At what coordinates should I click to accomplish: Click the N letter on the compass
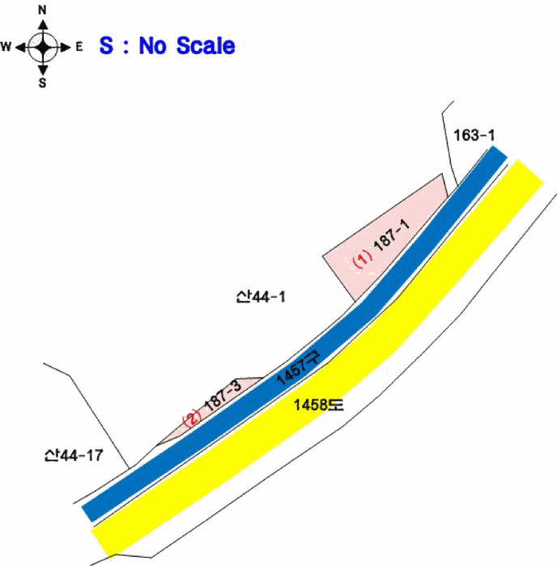[42, 10]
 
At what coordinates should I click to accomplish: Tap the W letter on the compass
[6, 47]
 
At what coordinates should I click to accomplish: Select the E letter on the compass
[79, 47]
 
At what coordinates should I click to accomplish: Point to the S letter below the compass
[43, 83]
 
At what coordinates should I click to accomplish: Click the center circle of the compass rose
[43, 47]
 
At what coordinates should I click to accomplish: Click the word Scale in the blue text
[206, 46]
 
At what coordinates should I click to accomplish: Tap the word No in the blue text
[152, 46]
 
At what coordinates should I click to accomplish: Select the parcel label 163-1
[474, 135]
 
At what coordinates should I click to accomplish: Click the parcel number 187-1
[393, 234]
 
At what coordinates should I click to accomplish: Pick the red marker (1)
[363, 259]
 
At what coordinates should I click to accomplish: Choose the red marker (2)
[192, 418]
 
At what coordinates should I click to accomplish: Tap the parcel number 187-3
[223, 395]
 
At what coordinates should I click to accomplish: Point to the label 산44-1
[261, 297]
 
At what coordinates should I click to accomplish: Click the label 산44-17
[74, 455]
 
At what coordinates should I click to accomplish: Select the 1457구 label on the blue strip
[298, 367]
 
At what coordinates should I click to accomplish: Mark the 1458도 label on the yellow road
[318, 405]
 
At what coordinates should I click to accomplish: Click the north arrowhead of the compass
[43, 24]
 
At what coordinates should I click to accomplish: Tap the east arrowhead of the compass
[66, 47]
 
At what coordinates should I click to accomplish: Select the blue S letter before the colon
[106, 45]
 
